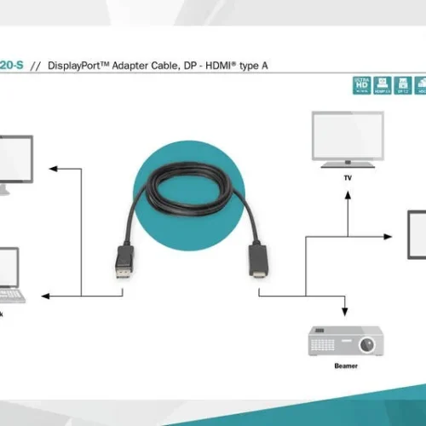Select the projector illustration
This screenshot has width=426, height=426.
pos(342,343)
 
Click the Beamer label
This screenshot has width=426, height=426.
pos(346,366)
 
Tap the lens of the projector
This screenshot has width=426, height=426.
pos(366,344)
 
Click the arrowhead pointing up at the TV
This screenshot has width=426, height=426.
pos(347,194)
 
